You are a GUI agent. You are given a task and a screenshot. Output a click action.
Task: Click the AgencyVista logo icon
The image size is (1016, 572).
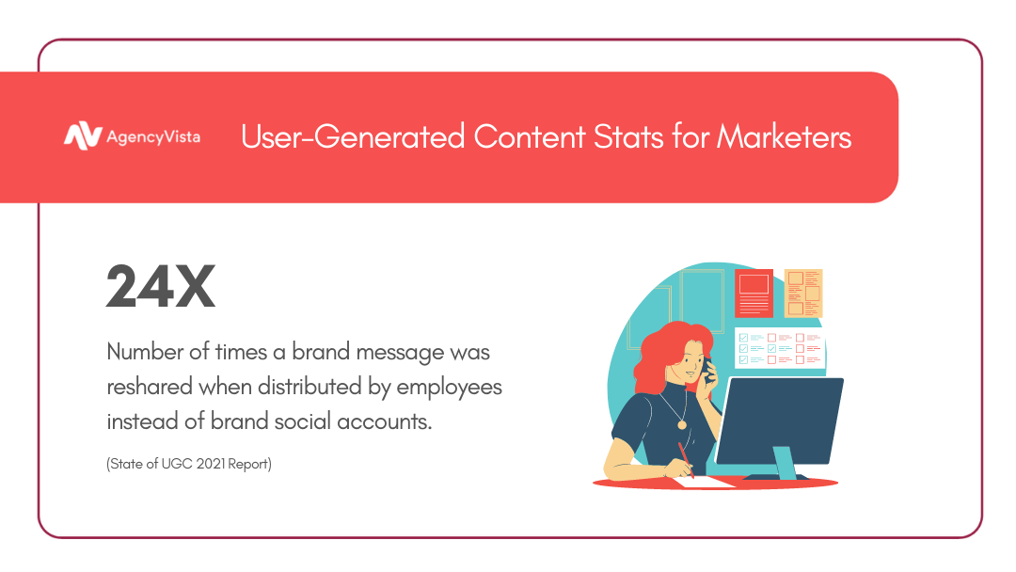pos(83,136)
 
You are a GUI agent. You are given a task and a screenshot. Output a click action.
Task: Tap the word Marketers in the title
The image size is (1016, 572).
pos(784,136)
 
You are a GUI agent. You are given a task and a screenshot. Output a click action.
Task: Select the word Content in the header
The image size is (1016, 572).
pos(530,136)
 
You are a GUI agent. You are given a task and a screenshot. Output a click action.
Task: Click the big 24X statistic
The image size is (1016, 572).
pos(161,286)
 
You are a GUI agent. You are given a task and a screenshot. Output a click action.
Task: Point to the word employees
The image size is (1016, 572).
pos(449,388)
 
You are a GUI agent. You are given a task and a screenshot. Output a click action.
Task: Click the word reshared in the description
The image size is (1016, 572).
pos(150,387)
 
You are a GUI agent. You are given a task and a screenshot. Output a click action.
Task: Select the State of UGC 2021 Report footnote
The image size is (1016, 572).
pos(189,464)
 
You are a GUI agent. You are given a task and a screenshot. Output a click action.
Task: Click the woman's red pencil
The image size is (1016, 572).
pos(686,460)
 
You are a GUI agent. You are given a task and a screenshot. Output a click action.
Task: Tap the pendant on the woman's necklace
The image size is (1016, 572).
pos(682,425)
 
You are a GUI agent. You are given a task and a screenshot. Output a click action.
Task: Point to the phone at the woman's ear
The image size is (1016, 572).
pos(708,370)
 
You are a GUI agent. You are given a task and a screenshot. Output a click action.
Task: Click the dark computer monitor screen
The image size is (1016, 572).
pos(780,421)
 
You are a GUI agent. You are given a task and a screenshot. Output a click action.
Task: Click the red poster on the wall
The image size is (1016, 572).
pos(754,293)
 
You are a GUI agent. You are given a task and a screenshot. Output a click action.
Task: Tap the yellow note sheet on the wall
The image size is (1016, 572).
pos(803,293)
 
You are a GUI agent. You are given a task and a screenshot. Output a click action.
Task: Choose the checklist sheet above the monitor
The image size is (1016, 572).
pos(780,348)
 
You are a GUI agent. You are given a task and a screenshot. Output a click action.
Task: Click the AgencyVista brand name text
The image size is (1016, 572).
pos(153,137)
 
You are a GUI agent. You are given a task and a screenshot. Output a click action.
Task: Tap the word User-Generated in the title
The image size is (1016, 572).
pos(353,136)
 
